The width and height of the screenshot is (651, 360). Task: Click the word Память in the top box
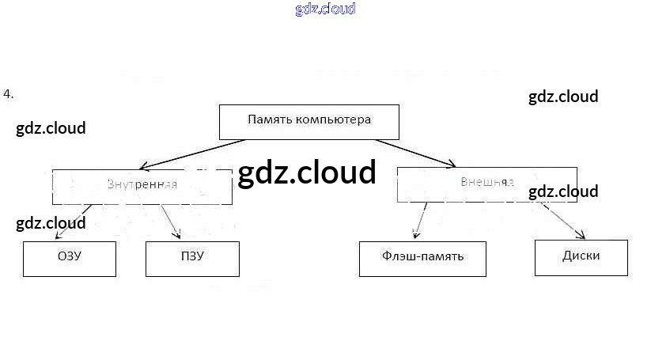coord(269,120)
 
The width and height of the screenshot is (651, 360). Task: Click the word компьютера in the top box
coord(333,120)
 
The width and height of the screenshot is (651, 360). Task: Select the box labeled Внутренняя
coord(142,185)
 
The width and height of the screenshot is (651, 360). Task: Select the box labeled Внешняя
coord(486,183)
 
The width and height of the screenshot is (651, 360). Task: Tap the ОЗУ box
coord(70,258)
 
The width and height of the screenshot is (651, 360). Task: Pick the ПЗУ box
coord(192,258)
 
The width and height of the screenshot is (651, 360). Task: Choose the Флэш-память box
coord(422,258)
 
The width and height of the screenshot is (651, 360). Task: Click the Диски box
coord(581,256)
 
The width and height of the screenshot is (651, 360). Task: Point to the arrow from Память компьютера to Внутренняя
coord(192,153)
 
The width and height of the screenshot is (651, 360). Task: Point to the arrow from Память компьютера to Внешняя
coord(415,153)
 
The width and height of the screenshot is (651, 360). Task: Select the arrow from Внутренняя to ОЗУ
coord(74,221)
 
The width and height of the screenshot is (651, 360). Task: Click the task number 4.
coord(8,94)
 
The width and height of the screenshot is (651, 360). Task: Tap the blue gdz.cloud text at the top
coord(325,9)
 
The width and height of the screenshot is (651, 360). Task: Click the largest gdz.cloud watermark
coord(306,172)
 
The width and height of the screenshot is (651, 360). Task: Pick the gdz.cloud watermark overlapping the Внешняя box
coord(563,191)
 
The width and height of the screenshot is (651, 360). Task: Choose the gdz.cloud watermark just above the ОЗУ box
coord(51,223)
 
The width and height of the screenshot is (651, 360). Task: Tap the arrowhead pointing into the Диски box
coord(581,235)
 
